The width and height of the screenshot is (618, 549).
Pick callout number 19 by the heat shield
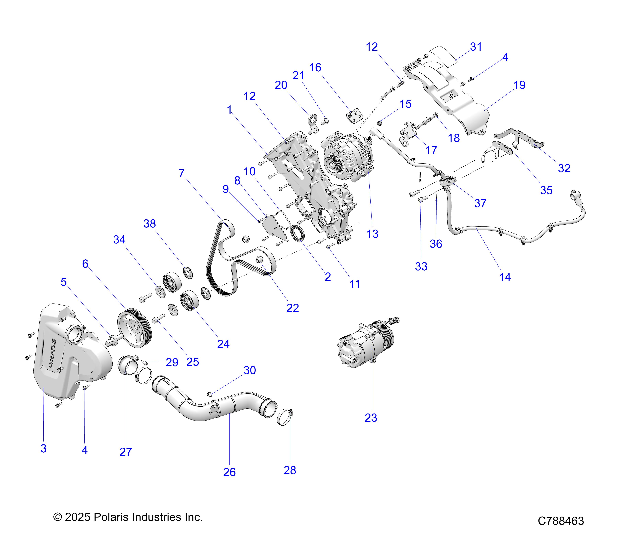519,85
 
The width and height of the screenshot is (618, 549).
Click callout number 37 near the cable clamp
480,203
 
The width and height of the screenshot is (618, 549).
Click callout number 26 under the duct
229,472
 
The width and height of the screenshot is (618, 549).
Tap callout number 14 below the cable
505,277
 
